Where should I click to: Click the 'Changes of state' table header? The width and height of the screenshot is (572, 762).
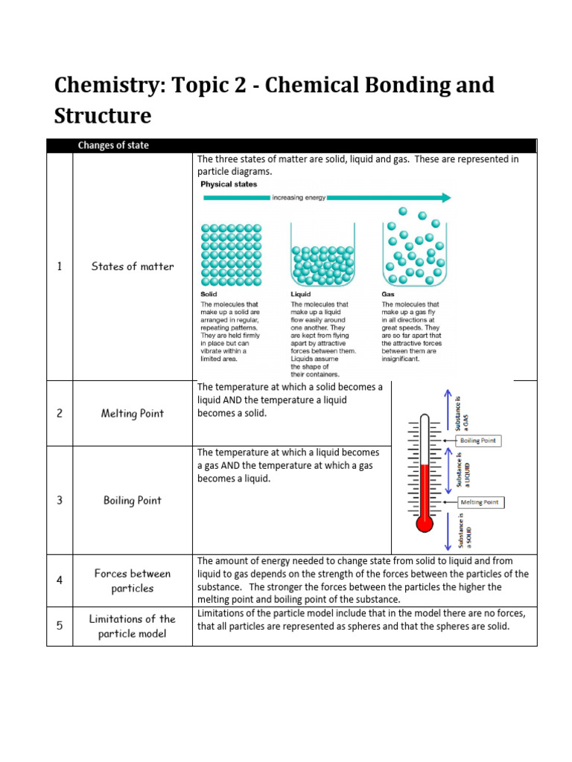coord(112,146)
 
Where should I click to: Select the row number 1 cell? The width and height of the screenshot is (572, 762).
coord(60,266)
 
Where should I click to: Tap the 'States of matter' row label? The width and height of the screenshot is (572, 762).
coord(133,266)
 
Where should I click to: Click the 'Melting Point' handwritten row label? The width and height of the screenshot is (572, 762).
coord(133,413)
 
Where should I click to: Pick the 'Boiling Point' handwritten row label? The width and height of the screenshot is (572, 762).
coord(133,500)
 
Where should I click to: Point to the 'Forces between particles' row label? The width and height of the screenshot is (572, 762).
coord(133,580)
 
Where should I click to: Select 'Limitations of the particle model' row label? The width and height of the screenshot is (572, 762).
coord(133,626)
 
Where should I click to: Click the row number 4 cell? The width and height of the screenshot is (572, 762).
coord(60,580)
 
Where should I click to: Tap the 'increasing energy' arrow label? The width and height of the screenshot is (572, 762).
coord(298,198)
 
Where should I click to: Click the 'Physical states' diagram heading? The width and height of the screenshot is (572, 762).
coord(229,184)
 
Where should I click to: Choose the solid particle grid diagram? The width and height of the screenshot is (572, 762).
coord(231,254)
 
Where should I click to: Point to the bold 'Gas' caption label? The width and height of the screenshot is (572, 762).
coord(389,295)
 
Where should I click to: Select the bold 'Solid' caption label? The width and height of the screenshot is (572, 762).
coord(209,295)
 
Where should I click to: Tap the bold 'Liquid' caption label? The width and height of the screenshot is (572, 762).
coord(301,295)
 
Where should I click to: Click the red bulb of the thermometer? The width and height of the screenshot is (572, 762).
coord(425,523)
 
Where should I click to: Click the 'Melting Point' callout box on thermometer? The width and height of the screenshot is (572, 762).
coord(481,502)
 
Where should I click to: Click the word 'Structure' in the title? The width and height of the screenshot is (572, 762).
coord(103,115)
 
